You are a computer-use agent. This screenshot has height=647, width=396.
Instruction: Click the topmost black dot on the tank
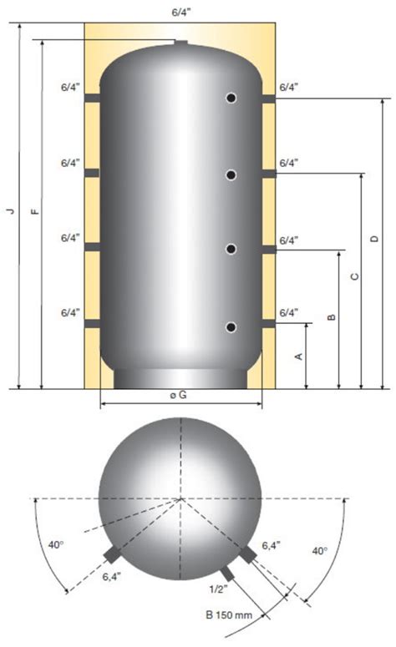pyautogui.click(x=231, y=99)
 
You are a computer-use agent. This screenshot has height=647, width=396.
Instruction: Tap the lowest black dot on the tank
pyautogui.click(x=231, y=326)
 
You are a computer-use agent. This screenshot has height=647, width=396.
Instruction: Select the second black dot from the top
pyautogui.click(x=231, y=174)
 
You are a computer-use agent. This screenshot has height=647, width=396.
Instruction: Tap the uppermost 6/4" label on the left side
pyautogui.click(x=70, y=87)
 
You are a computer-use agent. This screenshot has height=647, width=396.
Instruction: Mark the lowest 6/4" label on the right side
pyautogui.click(x=288, y=312)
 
